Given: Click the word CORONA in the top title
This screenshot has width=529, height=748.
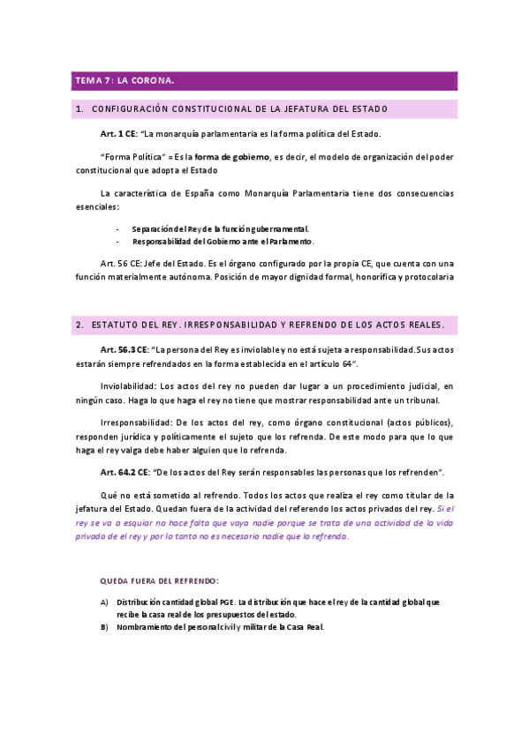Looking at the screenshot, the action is (152, 81).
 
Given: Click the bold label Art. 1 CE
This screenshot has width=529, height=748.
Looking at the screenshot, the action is (118, 134).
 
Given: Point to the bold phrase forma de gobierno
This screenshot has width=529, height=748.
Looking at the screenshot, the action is (232, 157).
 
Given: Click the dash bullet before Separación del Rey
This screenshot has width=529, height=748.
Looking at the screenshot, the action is (118, 228).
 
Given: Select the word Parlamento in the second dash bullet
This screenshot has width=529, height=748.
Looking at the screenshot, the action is (288, 241).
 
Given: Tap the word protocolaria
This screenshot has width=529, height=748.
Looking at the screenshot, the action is (428, 276).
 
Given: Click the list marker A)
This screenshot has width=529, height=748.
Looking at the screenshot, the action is (103, 602).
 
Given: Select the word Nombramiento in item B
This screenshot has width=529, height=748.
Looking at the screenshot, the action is (147, 627).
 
